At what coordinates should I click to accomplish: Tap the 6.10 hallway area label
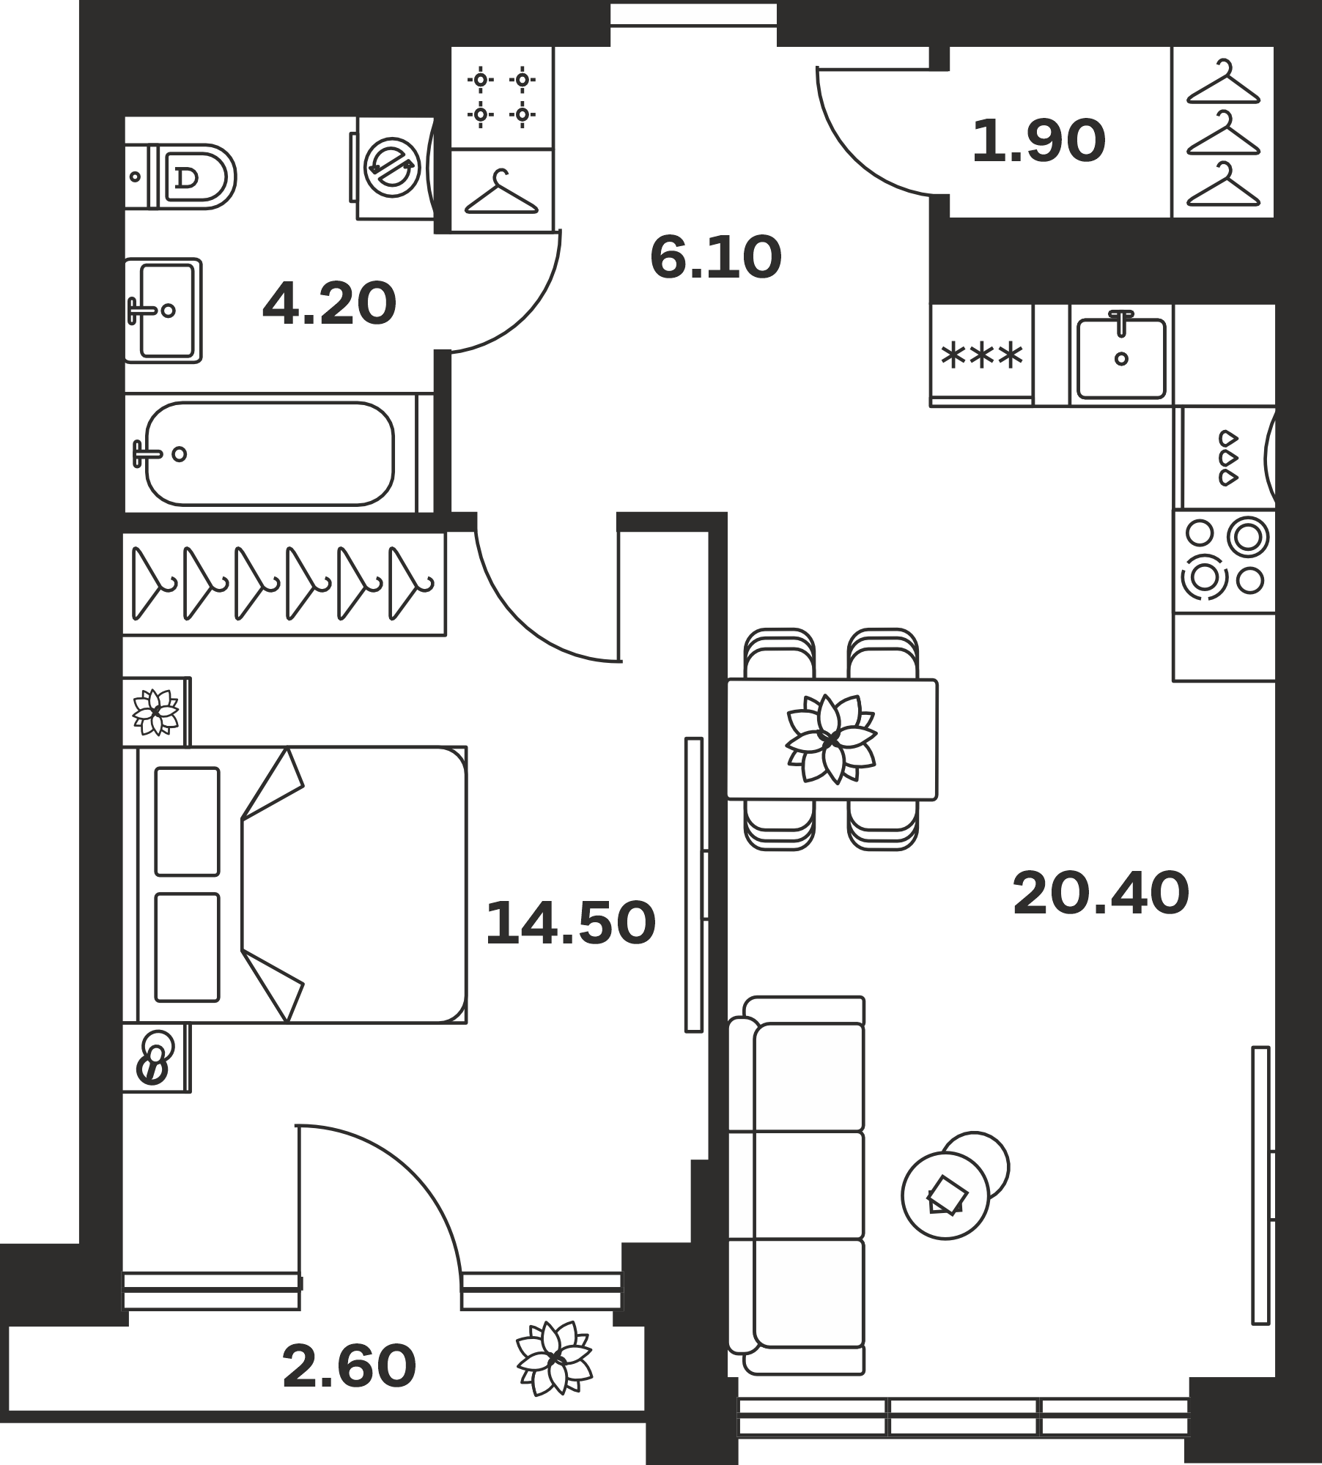point(716,257)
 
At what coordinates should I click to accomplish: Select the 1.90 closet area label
point(1038,141)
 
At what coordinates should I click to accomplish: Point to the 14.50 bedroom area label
point(570,923)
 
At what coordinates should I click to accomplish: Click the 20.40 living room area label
point(1101,894)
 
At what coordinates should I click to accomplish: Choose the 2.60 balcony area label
point(349,1367)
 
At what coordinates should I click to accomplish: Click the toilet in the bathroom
point(180,177)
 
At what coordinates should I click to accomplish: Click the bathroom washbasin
point(163,310)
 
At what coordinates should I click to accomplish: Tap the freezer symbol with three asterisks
point(981,355)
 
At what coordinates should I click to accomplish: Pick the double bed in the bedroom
point(295,884)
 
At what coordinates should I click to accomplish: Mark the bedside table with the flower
point(156,711)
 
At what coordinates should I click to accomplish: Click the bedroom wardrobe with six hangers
point(284,584)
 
